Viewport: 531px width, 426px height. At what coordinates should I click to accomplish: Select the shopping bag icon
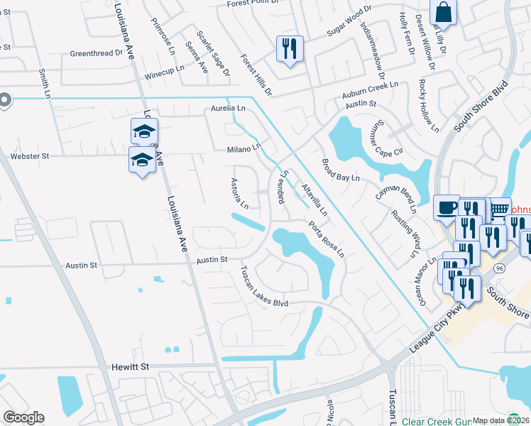coord(442,13)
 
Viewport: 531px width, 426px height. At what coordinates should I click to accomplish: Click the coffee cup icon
coord(446,208)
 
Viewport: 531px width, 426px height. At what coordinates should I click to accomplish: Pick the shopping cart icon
coord(500,209)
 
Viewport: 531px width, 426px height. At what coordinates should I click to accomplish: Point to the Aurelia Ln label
coord(227,109)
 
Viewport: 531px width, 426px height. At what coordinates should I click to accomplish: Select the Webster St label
coord(29,156)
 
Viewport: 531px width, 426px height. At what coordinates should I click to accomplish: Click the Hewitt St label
coord(130,367)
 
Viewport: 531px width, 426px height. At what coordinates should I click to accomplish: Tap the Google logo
coord(23,417)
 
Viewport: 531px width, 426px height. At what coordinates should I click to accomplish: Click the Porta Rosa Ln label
coord(326,239)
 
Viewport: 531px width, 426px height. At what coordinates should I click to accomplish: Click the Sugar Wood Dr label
coord(349,21)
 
